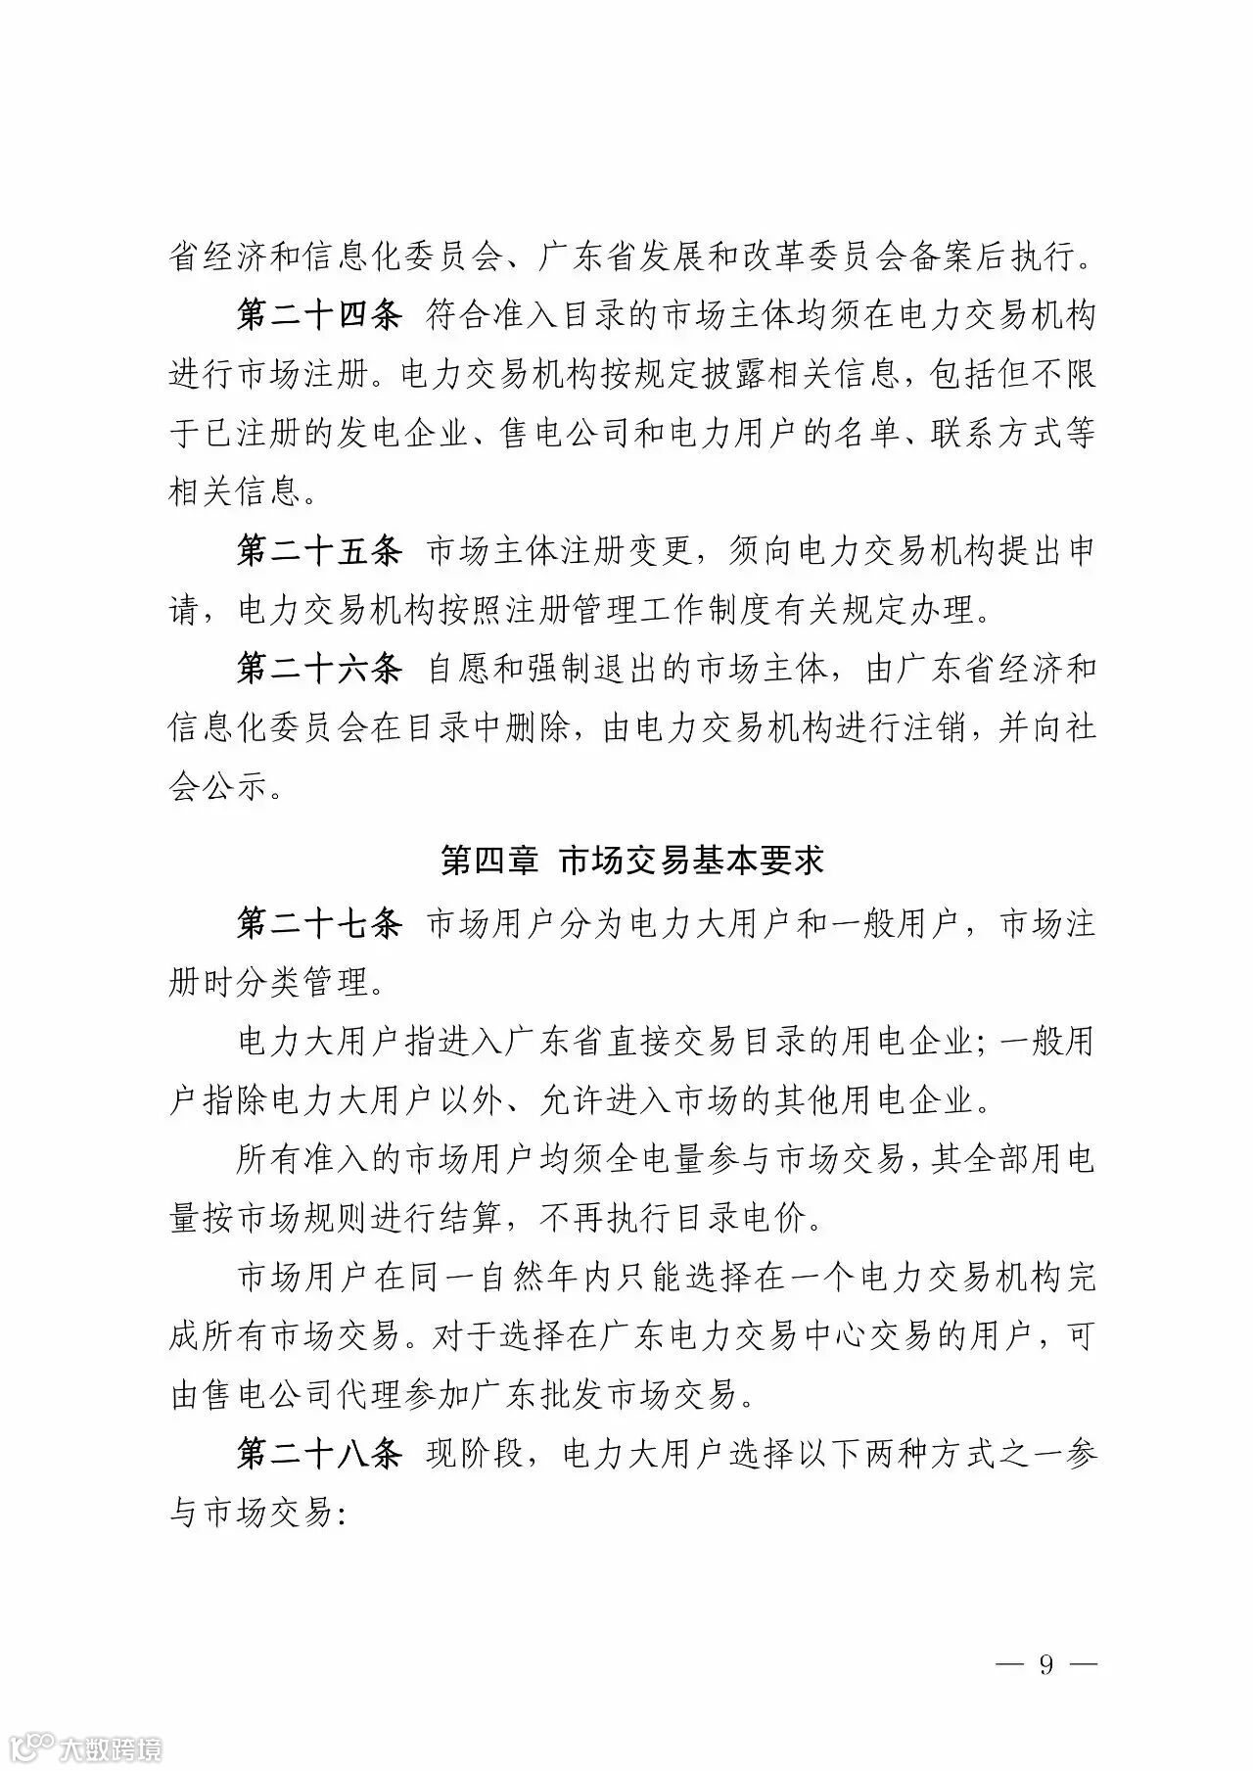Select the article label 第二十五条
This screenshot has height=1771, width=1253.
pos(319,551)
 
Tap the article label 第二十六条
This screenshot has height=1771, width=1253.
pos(319,669)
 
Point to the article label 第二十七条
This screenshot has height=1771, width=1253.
pos(319,923)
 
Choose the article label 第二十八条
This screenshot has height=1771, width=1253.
pos(319,1454)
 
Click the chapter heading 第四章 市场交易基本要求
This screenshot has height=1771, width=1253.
pos(632,860)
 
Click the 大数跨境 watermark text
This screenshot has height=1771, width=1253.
pos(110,1748)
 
